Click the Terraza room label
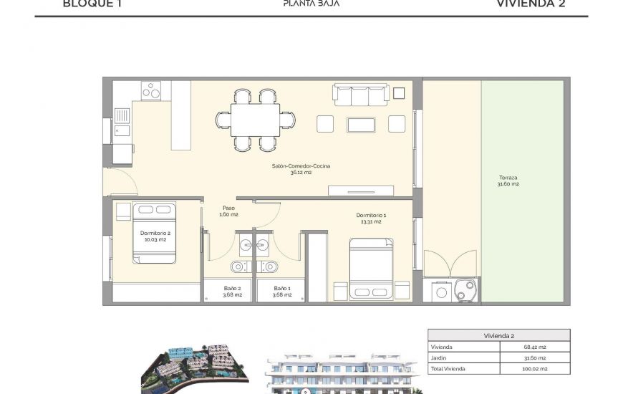(508, 181)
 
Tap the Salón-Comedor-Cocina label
(301, 169)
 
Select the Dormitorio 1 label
(371, 218)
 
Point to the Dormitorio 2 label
(155, 236)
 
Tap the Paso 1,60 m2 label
(228, 211)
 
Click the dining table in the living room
(256, 119)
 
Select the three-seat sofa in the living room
(361, 94)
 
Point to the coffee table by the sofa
(362, 125)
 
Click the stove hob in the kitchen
(151, 91)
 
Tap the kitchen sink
(122, 116)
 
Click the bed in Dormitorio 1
(371, 269)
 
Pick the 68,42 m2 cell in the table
(534, 347)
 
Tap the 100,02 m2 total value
(534, 368)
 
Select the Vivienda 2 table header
(498, 335)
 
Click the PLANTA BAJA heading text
(311, 4)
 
